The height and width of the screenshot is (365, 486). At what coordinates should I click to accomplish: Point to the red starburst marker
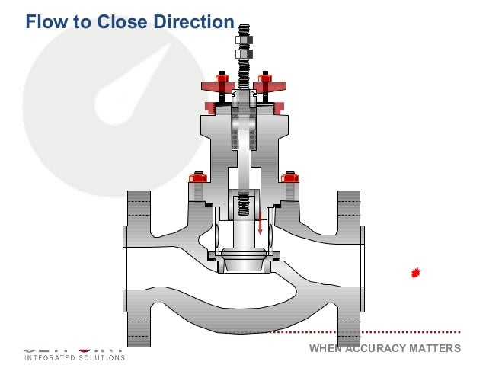(415, 272)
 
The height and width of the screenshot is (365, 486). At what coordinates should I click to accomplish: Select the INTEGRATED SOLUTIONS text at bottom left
(75, 357)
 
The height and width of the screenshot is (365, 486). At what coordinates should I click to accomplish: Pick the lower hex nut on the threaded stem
(244, 54)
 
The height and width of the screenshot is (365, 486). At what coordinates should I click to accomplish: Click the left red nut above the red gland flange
(222, 78)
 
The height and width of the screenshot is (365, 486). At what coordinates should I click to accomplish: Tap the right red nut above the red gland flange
(265, 78)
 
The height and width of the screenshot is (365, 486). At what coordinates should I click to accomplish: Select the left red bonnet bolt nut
(199, 178)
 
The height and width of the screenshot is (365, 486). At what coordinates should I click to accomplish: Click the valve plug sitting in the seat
(244, 259)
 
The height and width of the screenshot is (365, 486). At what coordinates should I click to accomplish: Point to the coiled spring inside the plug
(244, 206)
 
